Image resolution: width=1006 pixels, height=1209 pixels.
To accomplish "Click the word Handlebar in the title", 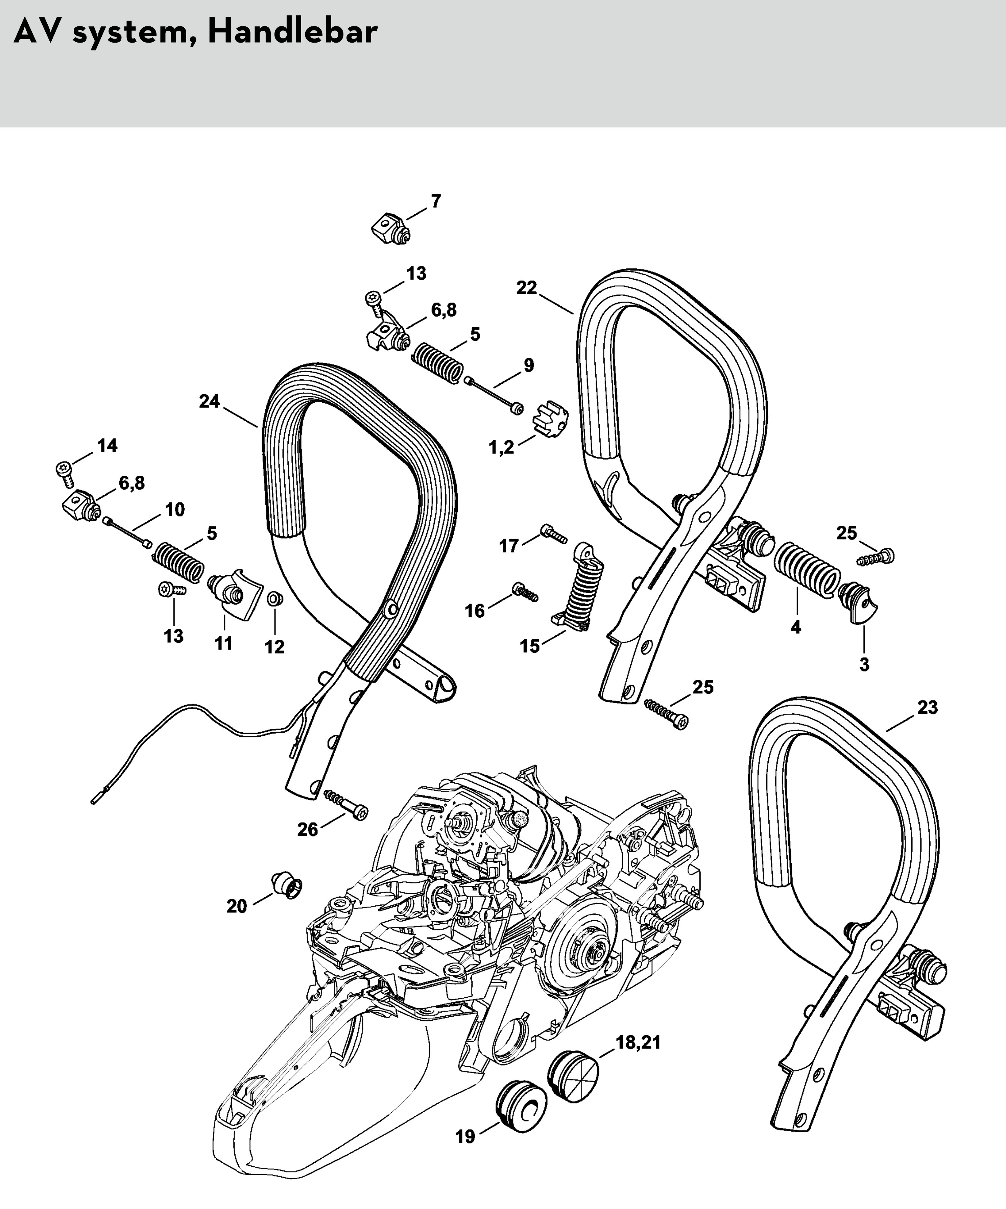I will click(292, 32).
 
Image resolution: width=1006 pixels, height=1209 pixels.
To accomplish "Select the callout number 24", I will click(210, 401).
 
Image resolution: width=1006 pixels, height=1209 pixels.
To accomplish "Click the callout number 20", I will click(237, 906).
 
